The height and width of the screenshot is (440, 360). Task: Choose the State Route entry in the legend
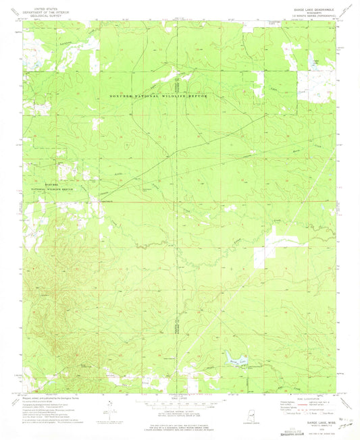click(x=323, y=412)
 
